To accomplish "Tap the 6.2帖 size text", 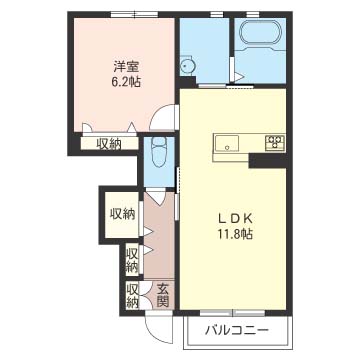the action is [126, 82].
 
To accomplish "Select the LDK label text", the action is [234, 219].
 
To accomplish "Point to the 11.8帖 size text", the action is [235, 234].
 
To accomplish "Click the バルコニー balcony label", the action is [237, 331].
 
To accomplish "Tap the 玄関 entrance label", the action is [162, 295].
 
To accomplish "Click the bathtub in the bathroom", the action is [260, 32].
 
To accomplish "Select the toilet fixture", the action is [159, 151].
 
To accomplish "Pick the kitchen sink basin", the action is [227, 143].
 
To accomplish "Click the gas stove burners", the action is [275, 142].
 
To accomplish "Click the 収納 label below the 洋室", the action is [109, 144].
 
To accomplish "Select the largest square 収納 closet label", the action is [123, 214].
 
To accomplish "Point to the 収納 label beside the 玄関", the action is [132, 295].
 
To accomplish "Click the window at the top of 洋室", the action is [134, 14].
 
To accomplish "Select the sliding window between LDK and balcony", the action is [232, 313].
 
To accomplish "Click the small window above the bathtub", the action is [253, 14].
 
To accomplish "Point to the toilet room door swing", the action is [157, 197].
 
